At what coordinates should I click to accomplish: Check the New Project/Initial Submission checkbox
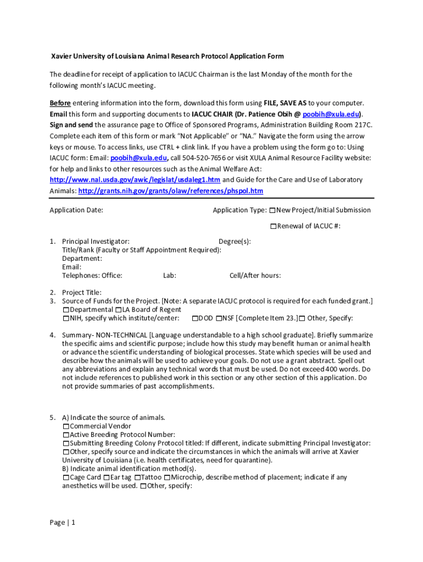pos(272,210)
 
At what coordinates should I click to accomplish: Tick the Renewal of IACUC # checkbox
pos(273,226)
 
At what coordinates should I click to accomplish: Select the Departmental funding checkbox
pos(66,310)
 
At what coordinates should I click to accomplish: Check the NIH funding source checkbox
pos(66,318)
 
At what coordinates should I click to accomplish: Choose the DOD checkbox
pos(195,318)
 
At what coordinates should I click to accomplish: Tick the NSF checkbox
pos(219,318)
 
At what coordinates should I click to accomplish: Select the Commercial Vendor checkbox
pos(66,426)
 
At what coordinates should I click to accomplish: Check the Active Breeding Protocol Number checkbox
pos(66,435)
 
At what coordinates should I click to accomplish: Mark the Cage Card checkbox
pos(66,477)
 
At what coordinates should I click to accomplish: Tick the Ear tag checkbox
pos(107,477)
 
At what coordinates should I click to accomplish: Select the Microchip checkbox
pos(167,477)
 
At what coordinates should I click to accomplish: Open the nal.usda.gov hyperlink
pos(135,180)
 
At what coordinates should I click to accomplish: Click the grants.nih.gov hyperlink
pos(171,191)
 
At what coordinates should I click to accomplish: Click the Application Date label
pos(76,210)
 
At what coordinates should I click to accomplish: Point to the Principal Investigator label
pos(96,241)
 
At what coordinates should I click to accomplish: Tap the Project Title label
pos(81,293)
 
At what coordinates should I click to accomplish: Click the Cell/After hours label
pos(255,276)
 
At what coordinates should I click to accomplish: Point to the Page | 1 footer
pos(62,522)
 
